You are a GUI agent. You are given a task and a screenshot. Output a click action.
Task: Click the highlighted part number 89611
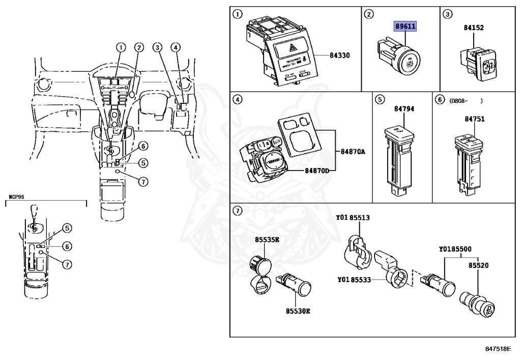(x=406, y=26)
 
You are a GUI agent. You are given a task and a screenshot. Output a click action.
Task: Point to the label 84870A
(x=353, y=151)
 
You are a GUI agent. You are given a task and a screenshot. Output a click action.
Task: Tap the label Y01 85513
(x=353, y=217)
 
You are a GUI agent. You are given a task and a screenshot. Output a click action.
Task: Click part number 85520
(x=479, y=265)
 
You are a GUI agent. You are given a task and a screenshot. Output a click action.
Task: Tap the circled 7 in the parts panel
(x=237, y=212)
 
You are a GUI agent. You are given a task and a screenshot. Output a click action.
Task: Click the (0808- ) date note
(x=465, y=100)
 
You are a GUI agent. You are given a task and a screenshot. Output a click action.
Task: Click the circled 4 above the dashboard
(x=176, y=48)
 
